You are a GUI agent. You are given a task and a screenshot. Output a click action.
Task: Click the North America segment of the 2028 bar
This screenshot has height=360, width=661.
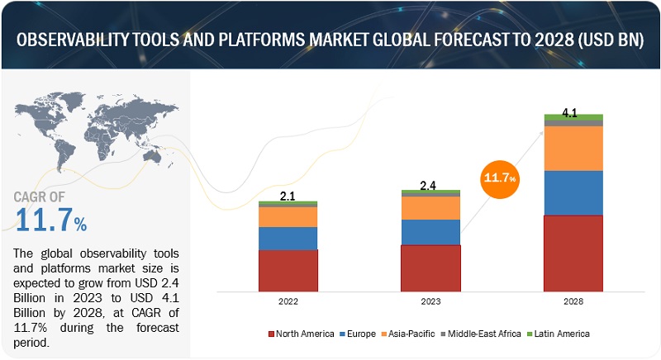point(573,253)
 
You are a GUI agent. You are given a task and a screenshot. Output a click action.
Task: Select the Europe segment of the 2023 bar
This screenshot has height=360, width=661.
point(430,232)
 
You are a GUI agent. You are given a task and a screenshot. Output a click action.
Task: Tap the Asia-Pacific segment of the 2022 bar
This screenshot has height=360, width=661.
point(288,216)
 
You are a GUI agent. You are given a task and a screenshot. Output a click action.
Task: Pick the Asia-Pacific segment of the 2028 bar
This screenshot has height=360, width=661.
point(573,148)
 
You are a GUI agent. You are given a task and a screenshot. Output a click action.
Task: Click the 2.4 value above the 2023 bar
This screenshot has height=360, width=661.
point(427,186)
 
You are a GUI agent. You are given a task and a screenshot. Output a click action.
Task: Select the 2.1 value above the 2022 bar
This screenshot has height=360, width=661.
point(286,195)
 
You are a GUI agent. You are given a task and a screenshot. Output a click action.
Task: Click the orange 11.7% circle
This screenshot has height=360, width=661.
point(501,176)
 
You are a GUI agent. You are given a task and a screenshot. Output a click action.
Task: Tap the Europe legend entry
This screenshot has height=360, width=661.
point(361,334)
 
